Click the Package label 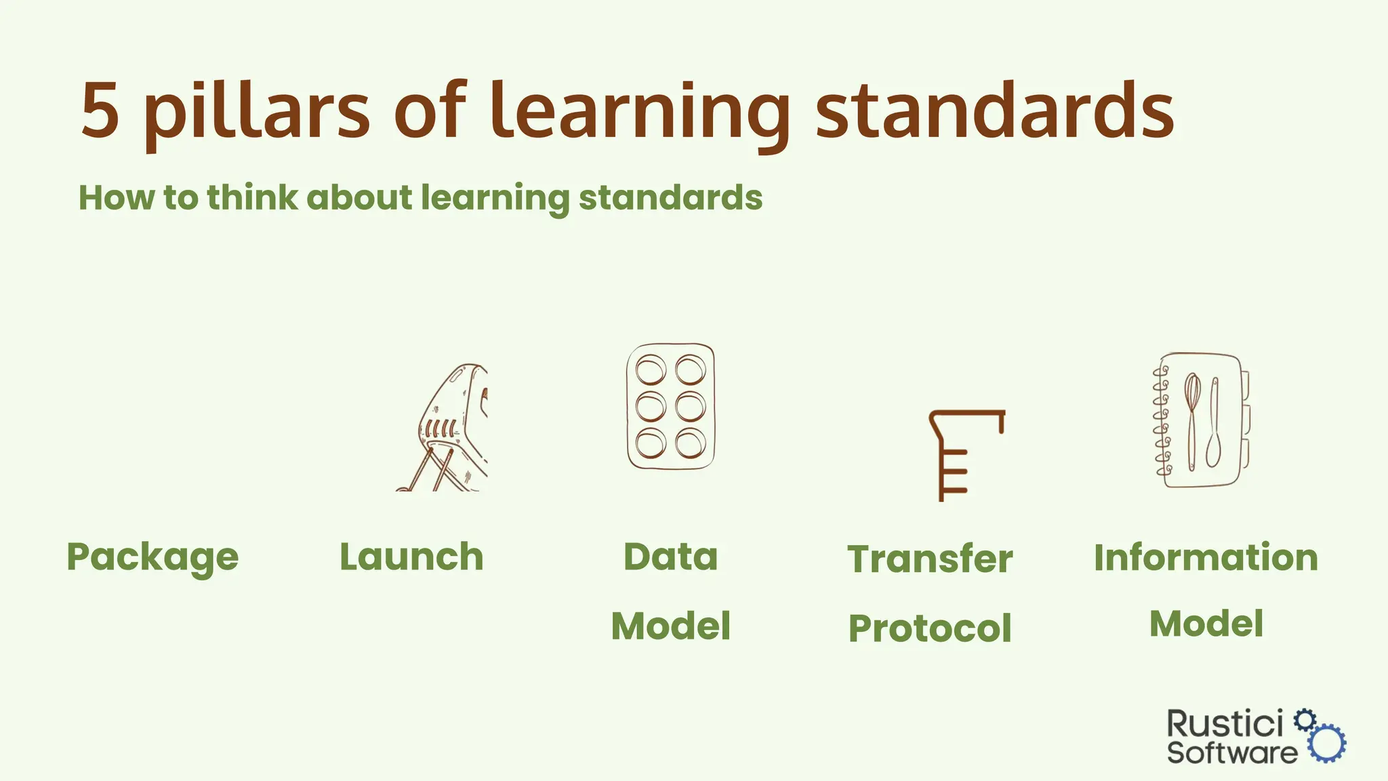click(x=152, y=558)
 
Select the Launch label click(x=411, y=557)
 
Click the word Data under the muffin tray click(x=670, y=557)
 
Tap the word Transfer click(x=930, y=559)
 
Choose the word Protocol click(x=930, y=628)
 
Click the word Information click(x=1206, y=557)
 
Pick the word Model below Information click(x=1206, y=624)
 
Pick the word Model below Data click(x=670, y=626)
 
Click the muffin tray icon click(x=670, y=407)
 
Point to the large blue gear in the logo click(x=1327, y=744)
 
